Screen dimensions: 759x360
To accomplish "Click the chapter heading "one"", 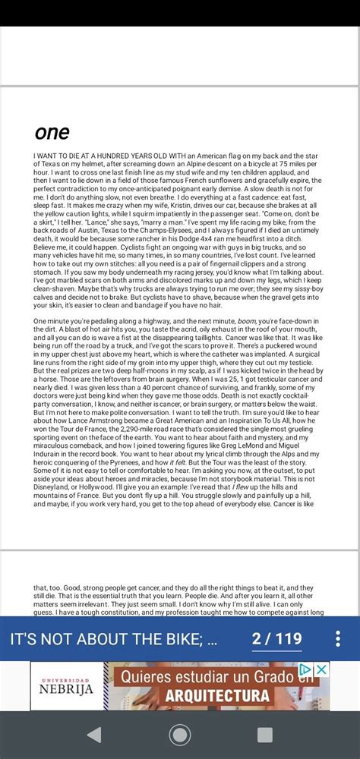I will [52, 132].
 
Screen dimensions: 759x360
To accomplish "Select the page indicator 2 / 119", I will [276, 638].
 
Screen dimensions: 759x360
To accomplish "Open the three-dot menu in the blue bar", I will [338, 638].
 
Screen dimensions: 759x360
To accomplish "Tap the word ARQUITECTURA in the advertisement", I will [217, 695].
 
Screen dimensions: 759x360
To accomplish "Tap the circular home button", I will [180, 735].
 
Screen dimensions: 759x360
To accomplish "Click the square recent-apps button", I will [265, 735].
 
